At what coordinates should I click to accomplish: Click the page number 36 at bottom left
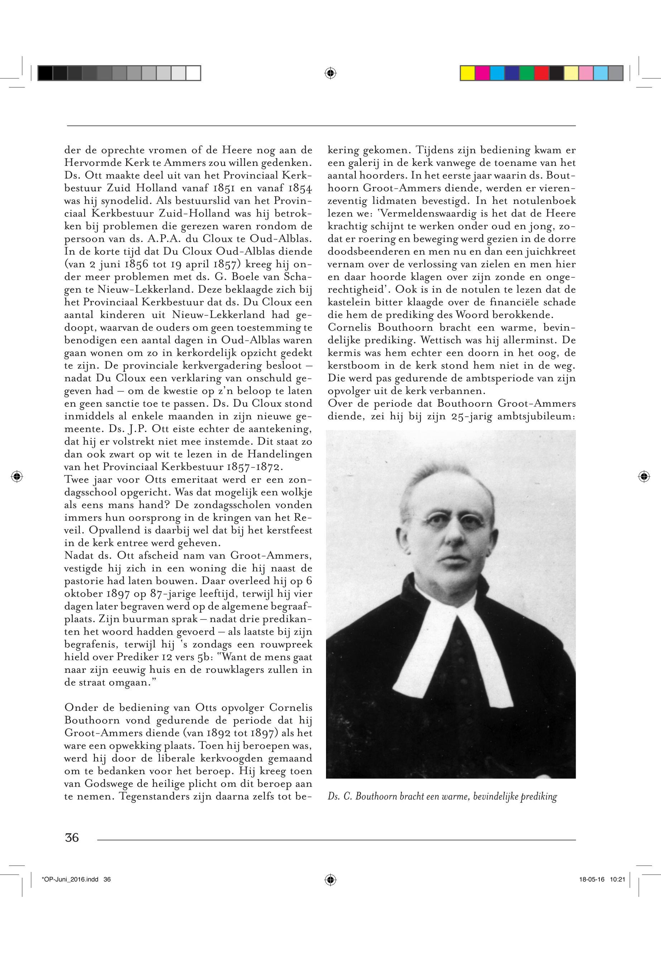click(x=72, y=837)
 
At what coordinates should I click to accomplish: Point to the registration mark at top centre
click(x=330, y=73)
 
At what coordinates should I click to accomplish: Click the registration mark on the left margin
click(x=16, y=476)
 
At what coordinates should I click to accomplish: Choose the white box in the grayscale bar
click(x=193, y=73)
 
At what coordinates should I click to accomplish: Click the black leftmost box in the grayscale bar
click(x=45, y=73)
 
